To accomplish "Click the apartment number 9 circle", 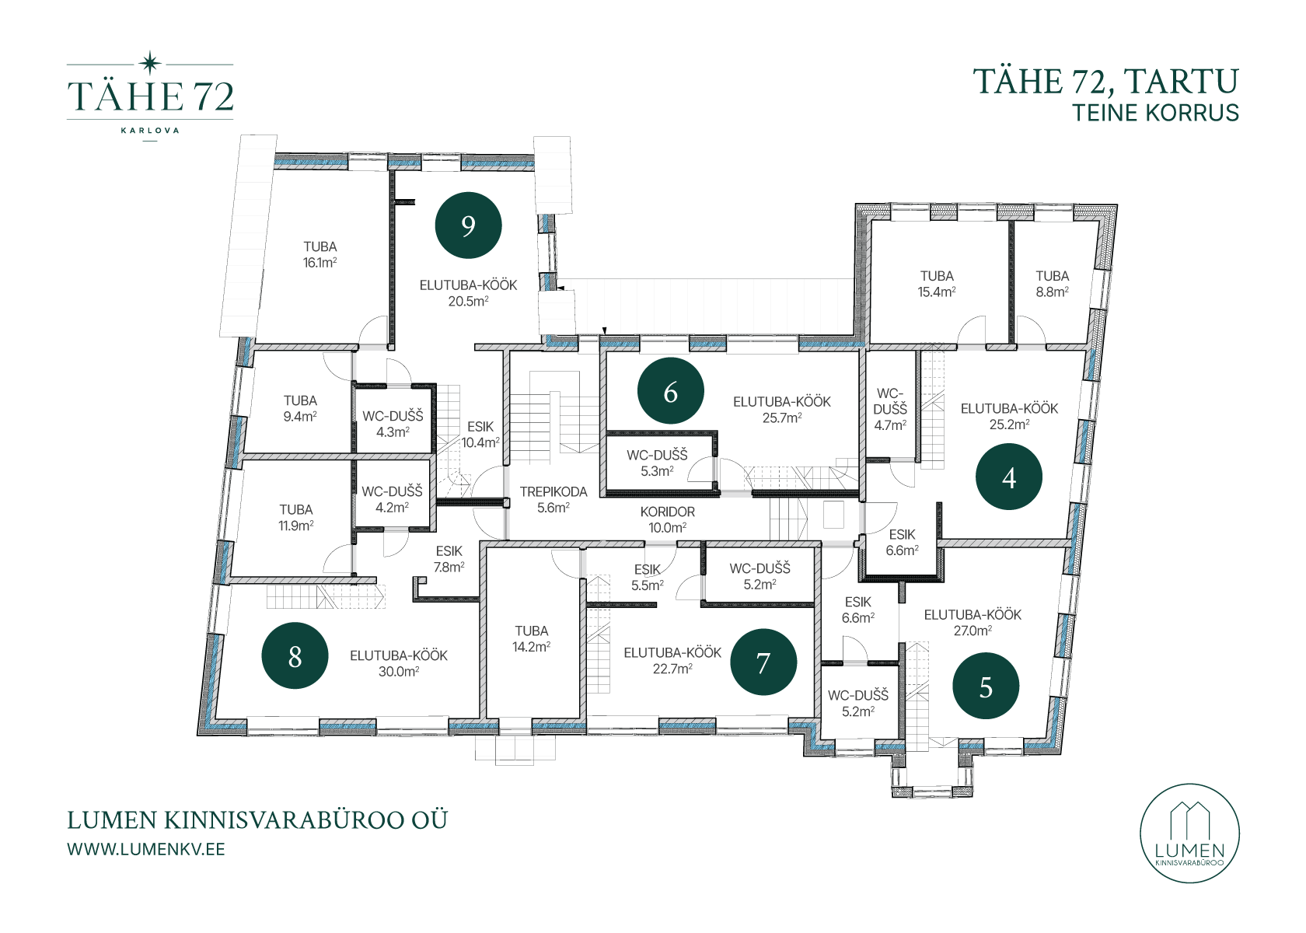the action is click(x=468, y=225).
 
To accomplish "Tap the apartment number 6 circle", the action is click(x=670, y=390).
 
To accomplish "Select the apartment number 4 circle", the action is click(x=1009, y=477).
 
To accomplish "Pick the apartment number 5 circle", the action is click(x=986, y=687).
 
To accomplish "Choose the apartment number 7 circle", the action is click(x=763, y=662).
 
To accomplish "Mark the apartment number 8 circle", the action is click(x=295, y=655).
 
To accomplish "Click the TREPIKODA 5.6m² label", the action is click(x=553, y=500).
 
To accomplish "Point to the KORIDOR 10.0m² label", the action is click(x=668, y=519).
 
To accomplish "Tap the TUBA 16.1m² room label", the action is click(x=320, y=254).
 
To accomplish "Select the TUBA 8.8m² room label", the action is click(x=1053, y=284).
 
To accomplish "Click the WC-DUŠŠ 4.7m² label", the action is click(x=890, y=409).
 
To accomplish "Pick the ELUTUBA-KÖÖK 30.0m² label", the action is click(x=399, y=664).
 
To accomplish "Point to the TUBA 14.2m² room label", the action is click(x=531, y=638).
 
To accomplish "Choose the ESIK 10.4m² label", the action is click(x=480, y=435).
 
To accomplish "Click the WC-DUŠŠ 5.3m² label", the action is click(x=657, y=463).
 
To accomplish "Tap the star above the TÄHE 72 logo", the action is click(x=151, y=63).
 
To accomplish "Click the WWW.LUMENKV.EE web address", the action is click(x=146, y=849).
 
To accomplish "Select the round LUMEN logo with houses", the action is click(x=1189, y=833).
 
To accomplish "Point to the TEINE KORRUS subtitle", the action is click(x=1155, y=113).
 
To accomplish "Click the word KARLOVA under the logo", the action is click(x=150, y=131).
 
